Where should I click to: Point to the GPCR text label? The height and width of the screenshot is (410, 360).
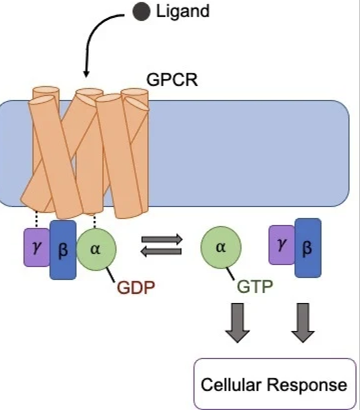click(x=172, y=79)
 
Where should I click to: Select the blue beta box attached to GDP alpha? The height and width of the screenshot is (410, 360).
click(x=63, y=249)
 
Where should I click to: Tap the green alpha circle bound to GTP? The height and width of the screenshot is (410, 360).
click(x=220, y=248)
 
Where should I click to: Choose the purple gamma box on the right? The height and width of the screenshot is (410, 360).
click(x=282, y=244)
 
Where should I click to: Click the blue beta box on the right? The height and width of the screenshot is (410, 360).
click(x=307, y=247)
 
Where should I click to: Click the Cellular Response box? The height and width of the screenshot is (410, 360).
click(x=273, y=384)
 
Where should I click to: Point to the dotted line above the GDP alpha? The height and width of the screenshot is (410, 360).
click(x=95, y=220)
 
